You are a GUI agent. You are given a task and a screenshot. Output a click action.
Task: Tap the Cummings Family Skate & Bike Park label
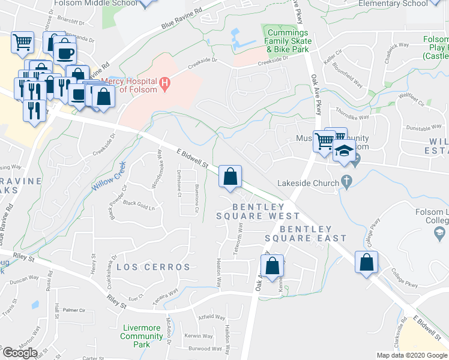(288, 40)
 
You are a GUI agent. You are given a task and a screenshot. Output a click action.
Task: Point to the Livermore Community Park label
(141, 332)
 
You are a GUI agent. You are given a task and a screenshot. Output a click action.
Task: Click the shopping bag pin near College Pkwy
(366, 262)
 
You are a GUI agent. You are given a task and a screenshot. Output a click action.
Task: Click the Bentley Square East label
(306, 233)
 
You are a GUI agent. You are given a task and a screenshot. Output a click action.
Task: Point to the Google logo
(20, 352)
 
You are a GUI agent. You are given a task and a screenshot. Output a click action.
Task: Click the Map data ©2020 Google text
(411, 355)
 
